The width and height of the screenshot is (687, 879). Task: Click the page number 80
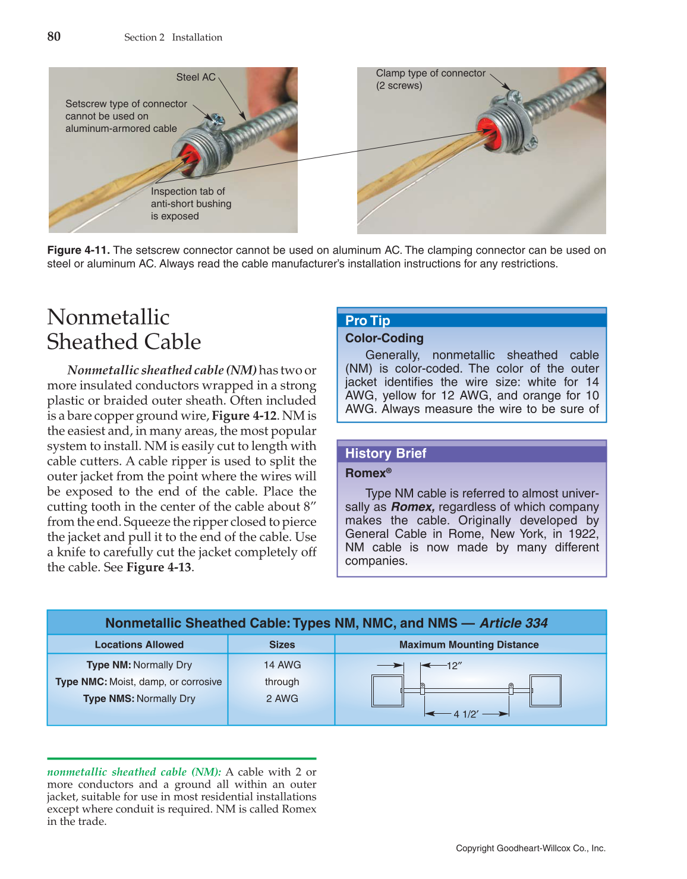click(x=53, y=37)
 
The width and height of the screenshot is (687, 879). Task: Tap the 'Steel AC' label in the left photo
click(x=196, y=77)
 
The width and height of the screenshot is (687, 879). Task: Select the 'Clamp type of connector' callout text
click(x=430, y=73)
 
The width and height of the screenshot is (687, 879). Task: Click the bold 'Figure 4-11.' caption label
click(x=78, y=250)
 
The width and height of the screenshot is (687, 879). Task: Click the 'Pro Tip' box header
click(x=367, y=320)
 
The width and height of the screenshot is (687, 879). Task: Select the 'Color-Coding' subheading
click(x=384, y=338)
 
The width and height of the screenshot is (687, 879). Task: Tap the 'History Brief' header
click(x=385, y=453)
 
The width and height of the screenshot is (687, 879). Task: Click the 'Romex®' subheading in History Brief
click(x=368, y=473)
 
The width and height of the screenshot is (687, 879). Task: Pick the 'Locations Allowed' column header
click(x=139, y=645)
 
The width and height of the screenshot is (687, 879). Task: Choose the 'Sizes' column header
click(x=282, y=645)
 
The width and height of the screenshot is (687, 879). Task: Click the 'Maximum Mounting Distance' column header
click(x=469, y=645)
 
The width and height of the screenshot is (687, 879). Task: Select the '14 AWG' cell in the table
click(x=282, y=665)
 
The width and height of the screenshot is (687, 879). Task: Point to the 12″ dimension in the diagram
click(x=454, y=666)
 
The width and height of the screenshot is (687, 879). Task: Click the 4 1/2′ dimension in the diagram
click(x=466, y=714)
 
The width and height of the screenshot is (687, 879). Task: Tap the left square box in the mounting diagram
click(x=387, y=691)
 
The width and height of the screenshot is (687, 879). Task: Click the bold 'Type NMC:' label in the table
click(x=81, y=682)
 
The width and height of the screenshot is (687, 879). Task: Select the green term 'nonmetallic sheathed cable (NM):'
click(x=134, y=772)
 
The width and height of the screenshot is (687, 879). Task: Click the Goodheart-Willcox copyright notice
click(x=530, y=848)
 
